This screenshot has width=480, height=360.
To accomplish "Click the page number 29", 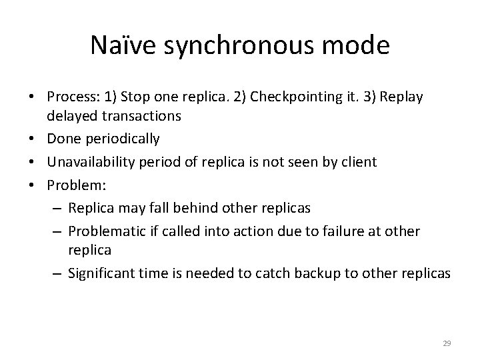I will [447, 343].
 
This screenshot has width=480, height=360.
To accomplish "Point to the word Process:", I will [69, 97].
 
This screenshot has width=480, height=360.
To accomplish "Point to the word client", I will [361, 161].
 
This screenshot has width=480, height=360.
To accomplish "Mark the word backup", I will [340, 273].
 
